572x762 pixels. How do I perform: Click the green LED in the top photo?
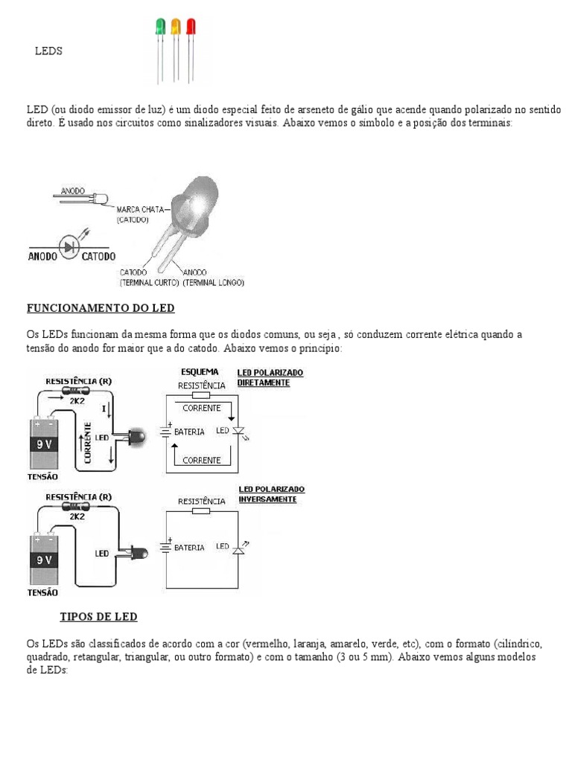pyautogui.click(x=160, y=27)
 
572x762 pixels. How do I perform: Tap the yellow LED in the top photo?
pyautogui.click(x=176, y=27)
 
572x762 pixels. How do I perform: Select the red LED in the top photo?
pyautogui.click(x=191, y=27)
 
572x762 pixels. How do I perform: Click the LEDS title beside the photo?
pyautogui.click(x=49, y=51)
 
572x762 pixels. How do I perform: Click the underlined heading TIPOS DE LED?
pyautogui.click(x=98, y=618)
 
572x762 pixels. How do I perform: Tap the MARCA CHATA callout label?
pyautogui.click(x=139, y=210)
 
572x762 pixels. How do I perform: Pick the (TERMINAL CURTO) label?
pyautogui.click(x=149, y=283)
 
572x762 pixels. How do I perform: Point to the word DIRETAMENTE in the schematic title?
pyautogui.click(x=263, y=382)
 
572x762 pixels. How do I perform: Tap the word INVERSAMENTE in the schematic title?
pyautogui.click(x=267, y=499)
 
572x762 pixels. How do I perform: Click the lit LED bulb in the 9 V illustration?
pyautogui.click(x=139, y=438)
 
